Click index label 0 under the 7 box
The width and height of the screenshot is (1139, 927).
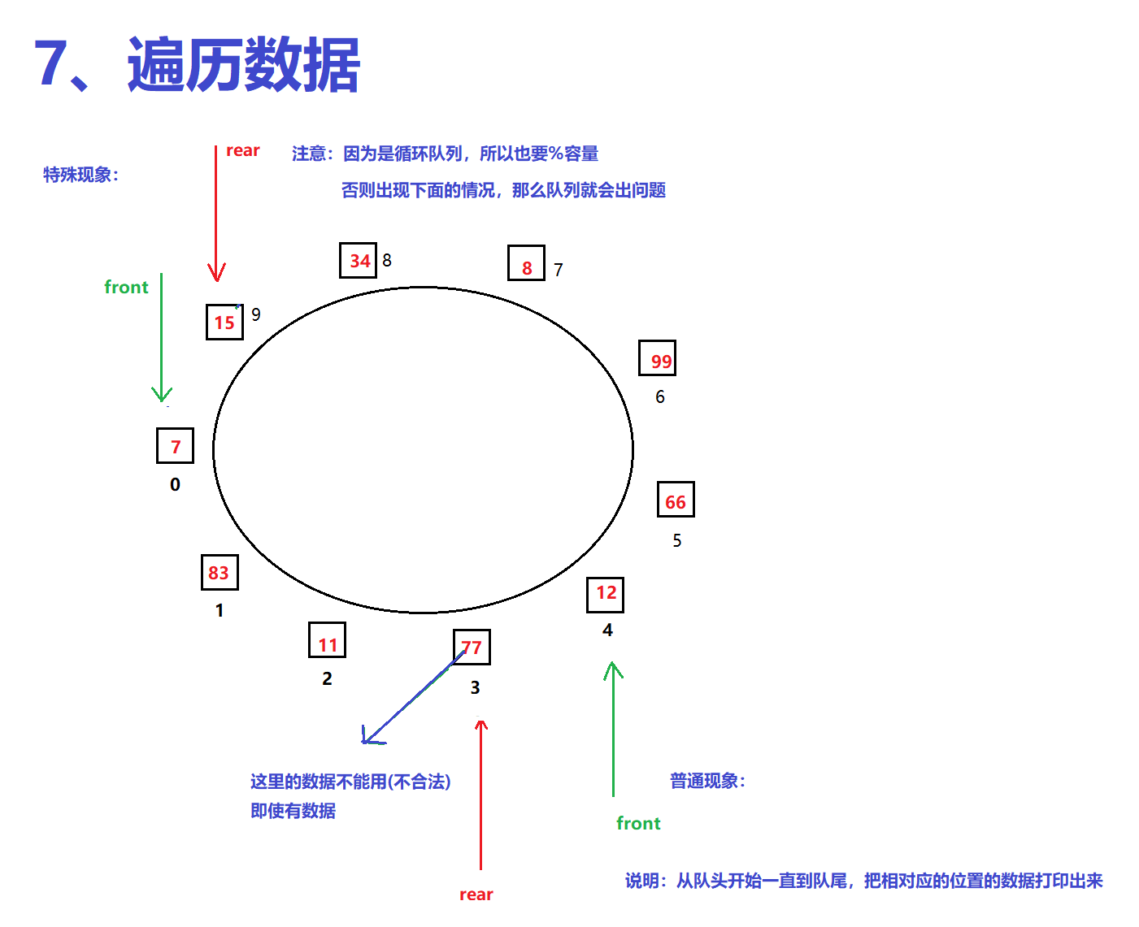[175, 484]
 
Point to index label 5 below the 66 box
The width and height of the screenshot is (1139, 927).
[677, 541]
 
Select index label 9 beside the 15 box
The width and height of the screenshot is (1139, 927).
[256, 314]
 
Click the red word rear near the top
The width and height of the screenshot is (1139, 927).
[243, 150]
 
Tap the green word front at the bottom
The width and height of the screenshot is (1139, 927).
[638, 823]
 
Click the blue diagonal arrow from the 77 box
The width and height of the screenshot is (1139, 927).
[414, 696]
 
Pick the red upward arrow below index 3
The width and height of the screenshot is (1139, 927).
[480, 795]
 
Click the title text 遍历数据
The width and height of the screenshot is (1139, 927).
[244, 65]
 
